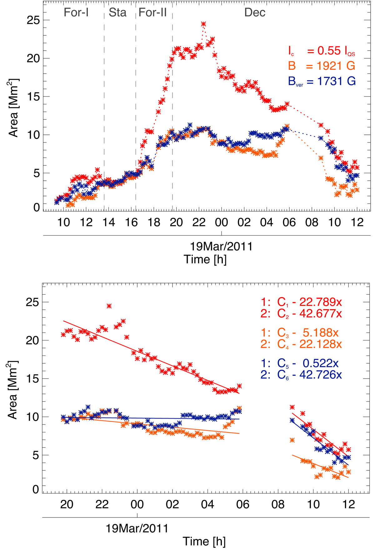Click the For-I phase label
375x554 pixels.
pos(76,12)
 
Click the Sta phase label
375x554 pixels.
pos(117,12)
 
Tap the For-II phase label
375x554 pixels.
pos(152,12)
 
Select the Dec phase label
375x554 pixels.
pos(255,12)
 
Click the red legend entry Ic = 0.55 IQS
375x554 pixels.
pos(322,51)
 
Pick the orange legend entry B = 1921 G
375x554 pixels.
pos(322,66)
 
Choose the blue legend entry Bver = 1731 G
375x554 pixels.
pos(322,81)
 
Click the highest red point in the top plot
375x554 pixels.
pos(203,24)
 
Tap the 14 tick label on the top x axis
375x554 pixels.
pos(109,222)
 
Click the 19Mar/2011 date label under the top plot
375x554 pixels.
pos(221,247)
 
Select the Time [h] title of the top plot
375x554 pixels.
pos(205,259)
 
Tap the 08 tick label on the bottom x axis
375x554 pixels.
pos(278,504)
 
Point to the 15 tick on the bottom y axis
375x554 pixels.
pos(33,379)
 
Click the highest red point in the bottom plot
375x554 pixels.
pos(109,306)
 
